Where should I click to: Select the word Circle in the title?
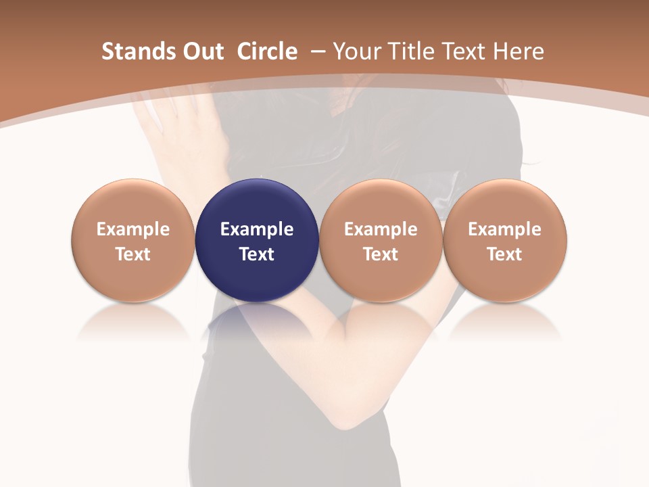(x=267, y=51)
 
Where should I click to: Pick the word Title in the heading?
(x=411, y=51)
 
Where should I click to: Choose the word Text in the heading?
(x=466, y=51)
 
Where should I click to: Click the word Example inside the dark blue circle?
(x=257, y=229)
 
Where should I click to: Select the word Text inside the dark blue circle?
(x=257, y=254)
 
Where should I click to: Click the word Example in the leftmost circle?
(x=133, y=229)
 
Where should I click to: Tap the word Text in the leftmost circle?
(x=133, y=254)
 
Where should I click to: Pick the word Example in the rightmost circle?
(x=504, y=229)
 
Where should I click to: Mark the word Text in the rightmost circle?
(x=504, y=254)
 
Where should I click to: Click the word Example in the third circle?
(x=381, y=229)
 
